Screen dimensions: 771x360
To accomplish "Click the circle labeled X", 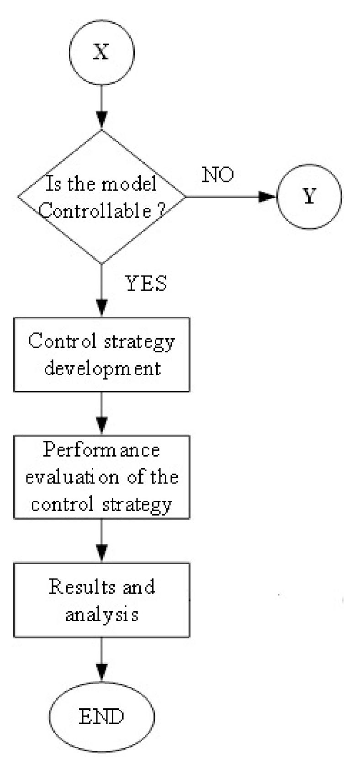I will point(101,52).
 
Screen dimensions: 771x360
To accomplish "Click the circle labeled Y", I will point(309,197).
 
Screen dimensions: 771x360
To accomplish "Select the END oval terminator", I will point(101,716).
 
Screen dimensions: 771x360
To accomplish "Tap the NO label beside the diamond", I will point(218,175).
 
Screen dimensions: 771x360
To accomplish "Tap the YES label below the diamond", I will point(146,283).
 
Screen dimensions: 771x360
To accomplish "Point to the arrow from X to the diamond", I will point(101,107).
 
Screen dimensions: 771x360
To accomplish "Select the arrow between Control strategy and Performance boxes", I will point(101,414).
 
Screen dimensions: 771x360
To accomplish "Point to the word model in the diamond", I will point(129,184).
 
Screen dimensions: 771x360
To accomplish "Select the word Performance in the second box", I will point(101,450).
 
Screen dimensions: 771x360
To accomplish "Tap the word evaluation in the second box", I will point(73,478).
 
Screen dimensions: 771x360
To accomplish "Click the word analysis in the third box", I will point(101,615).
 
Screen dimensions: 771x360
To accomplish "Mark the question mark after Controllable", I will point(161,211).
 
